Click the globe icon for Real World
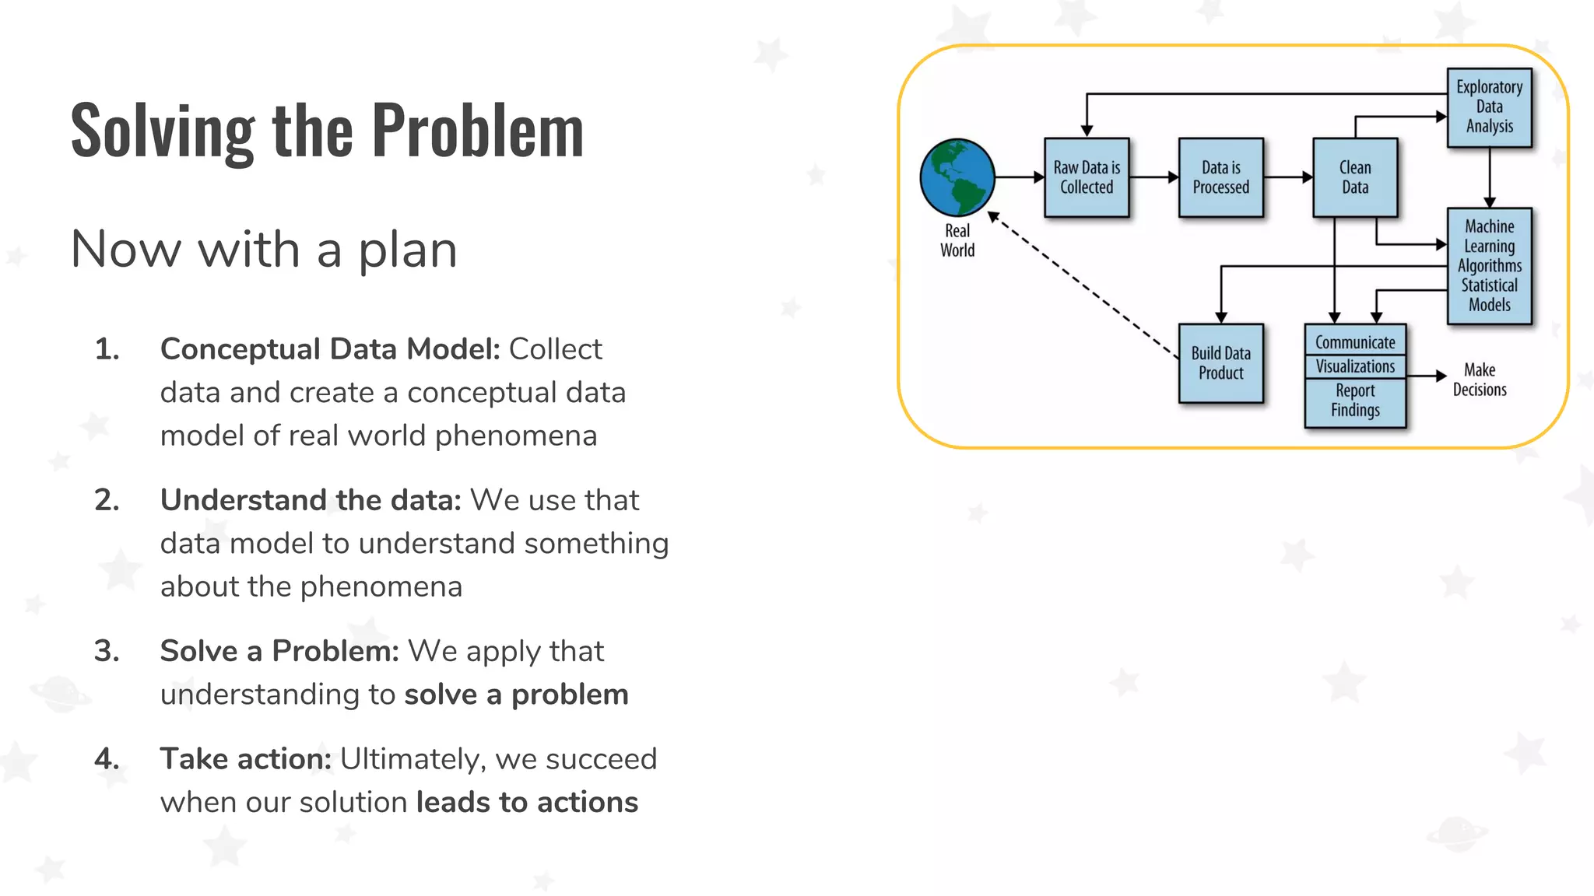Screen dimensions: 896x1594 pyautogui.click(x=957, y=177)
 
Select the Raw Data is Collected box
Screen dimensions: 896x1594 pyautogui.click(x=1087, y=177)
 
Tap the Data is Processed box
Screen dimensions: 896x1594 pyautogui.click(x=1220, y=177)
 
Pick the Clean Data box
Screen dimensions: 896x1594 pyautogui.click(x=1355, y=177)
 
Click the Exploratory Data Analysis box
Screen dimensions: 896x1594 pyautogui.click(x=1489, y=107)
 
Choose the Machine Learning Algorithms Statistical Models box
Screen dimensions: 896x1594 pyautogui.click(x=1489, y=265)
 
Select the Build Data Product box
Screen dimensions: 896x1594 pyautogui.click(x=1220, y=362)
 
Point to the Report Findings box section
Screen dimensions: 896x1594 pyautogui.click(x=1355, y=401)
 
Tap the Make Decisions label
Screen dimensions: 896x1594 pyautogui.click(x=1479, y=380)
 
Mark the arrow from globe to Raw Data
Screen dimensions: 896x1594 pyautogui.click(x=1020, y=177)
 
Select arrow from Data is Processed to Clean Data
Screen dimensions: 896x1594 pyautogui.click(x=1288, y=177)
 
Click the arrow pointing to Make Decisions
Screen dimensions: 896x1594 pyautogui.click(x=1427, y=376)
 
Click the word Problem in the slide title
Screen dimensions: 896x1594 pyautogui.click(x=477, y=131)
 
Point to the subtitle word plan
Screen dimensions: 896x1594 pyautogui.click(x=407, y=250)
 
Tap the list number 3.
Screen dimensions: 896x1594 pyautogui.click(x=107, y=651)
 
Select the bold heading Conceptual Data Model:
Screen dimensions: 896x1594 pyautogui.click(x=330, y=349)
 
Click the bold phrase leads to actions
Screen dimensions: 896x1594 pyautogui.click(x=527, y=802)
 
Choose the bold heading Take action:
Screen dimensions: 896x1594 pyautogui.click(x=246, y=759)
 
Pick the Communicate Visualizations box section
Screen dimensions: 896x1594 pyautogui.click(x=1355, y=354)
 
